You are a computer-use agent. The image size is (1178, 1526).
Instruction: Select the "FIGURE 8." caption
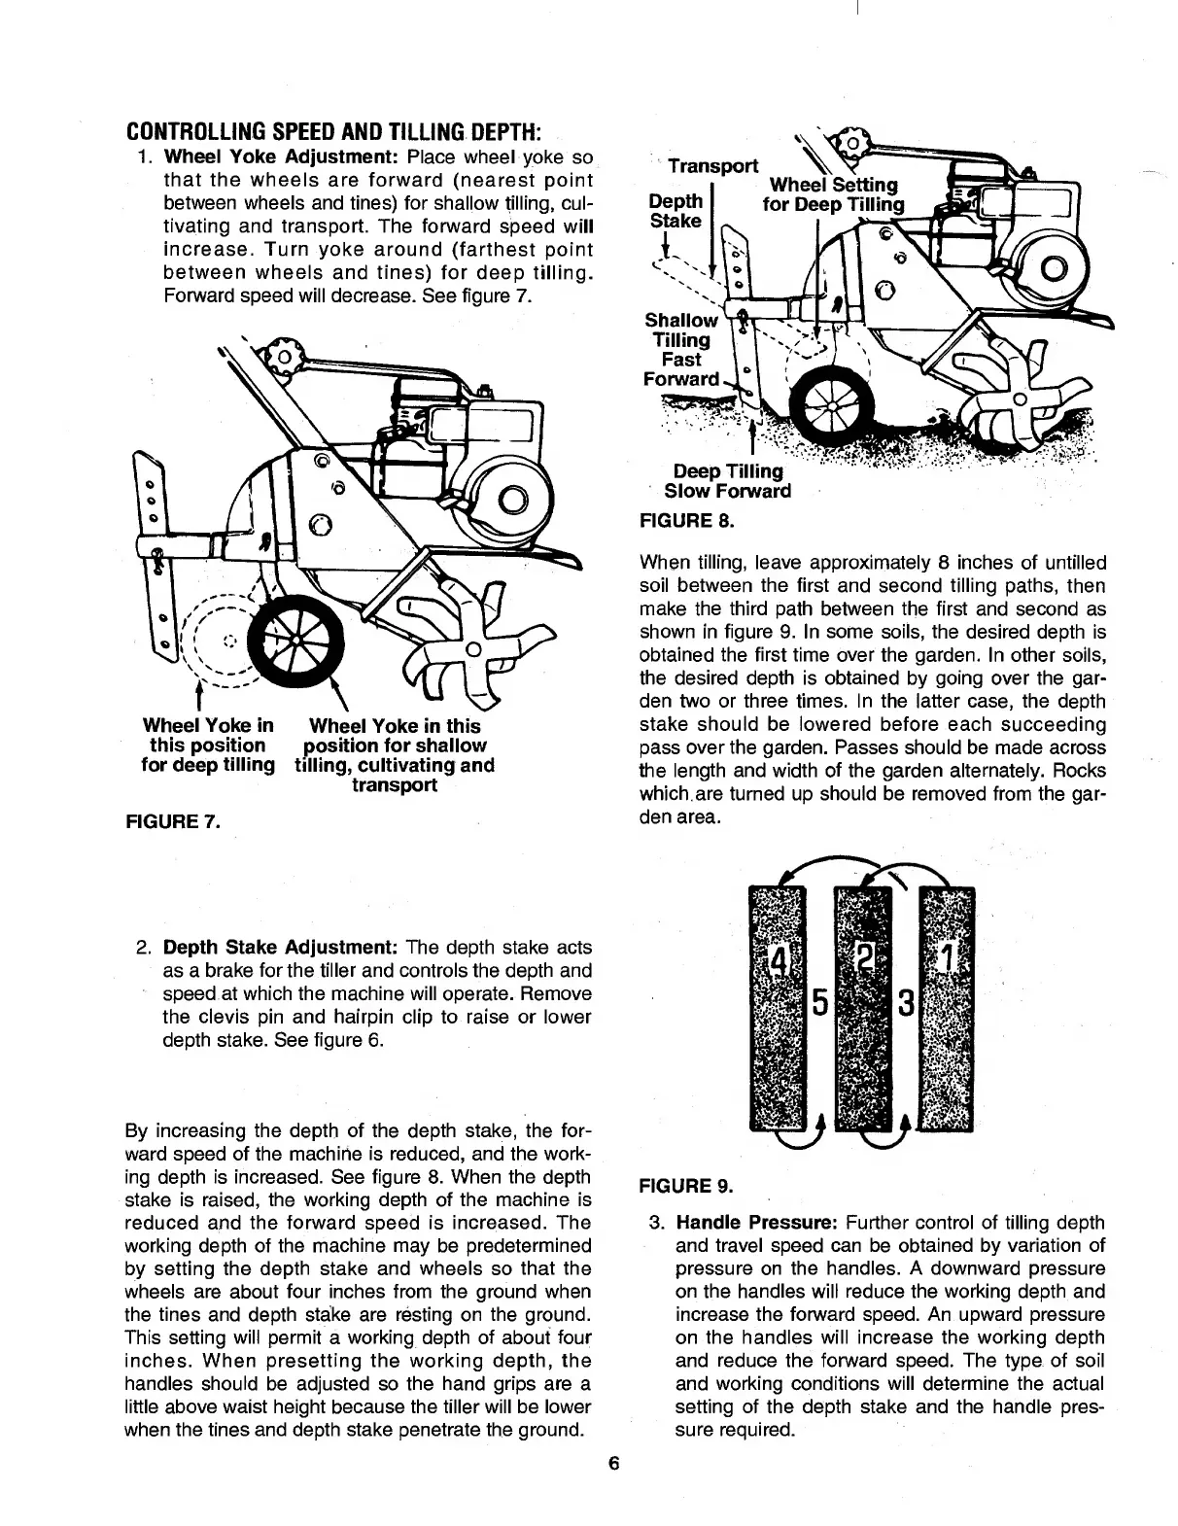[684, 521]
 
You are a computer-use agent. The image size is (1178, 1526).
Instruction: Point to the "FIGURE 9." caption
[684, 1185]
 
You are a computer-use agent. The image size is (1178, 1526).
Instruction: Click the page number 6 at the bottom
[613, 1464]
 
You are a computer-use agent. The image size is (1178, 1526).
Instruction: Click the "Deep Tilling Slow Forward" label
[727, 481]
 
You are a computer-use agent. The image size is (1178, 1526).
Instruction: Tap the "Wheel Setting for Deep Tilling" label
[834, 195]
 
